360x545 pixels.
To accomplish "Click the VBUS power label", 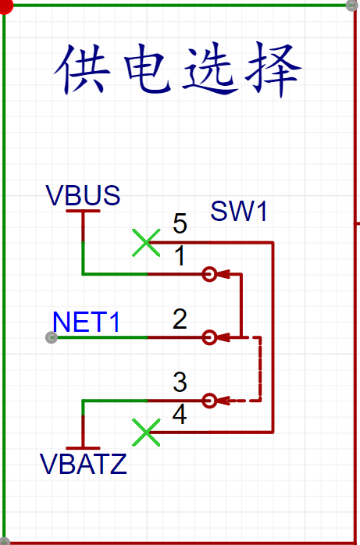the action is (83, 196).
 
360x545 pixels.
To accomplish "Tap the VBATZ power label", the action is (84, 465).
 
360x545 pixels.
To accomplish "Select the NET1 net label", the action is (87, 322).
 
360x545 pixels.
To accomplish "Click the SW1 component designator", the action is (239, 212).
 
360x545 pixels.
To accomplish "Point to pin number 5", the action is (180, 224).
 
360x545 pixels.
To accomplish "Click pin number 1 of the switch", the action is (180, 257).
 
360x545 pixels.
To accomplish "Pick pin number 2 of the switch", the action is (180, 320).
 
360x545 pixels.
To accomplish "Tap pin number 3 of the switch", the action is (180, 383).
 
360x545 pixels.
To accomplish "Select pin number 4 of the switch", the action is (180, 415).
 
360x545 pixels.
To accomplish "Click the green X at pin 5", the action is (146, 243).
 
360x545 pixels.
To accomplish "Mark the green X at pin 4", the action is (146, 433).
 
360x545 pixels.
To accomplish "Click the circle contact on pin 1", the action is (209, 274).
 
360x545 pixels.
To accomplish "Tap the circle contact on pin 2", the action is (209, 337).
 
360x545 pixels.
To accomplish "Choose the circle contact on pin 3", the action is (209, 401).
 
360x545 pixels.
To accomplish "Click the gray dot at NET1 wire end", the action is (52, 337).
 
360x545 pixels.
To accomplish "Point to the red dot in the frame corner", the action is (5, 6).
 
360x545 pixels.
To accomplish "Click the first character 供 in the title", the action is (83, 69).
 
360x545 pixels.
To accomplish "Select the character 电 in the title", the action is (148, 69).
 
